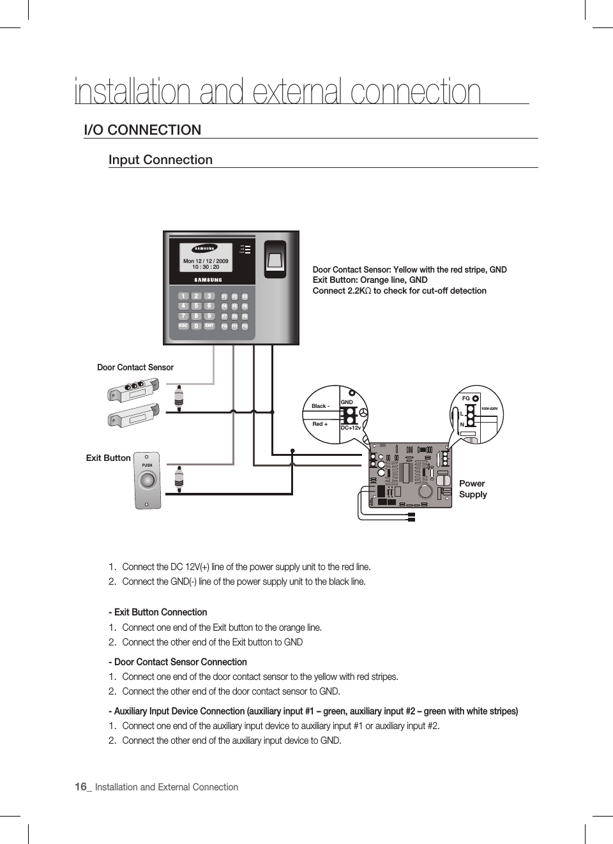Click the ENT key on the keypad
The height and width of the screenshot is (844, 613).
point(209,326)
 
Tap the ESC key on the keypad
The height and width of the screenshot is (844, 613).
point(183,326)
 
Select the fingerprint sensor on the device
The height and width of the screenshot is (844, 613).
point(275,257)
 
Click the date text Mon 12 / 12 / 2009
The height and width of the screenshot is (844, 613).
point(206,261)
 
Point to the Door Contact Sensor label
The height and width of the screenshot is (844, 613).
point(135,368)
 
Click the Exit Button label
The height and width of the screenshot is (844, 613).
point(109,458)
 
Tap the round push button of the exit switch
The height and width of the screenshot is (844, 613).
point(148,480)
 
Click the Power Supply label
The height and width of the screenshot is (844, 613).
point(473,489)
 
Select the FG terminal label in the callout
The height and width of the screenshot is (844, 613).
point(465,398)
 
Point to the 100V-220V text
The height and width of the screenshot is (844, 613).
point(489,409)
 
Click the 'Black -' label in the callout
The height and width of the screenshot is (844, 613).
point(321,406)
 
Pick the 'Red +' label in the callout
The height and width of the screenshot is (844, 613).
point(320,424)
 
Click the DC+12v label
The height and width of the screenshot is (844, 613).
point(351,428)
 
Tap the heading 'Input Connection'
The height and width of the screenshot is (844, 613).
point(160,160)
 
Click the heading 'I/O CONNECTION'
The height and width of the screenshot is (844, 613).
point(142,130)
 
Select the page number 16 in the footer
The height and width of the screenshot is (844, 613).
point(80,787)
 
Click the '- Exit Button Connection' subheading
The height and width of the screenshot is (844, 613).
point(158,612)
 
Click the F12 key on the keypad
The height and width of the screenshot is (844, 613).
point(245,326)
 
